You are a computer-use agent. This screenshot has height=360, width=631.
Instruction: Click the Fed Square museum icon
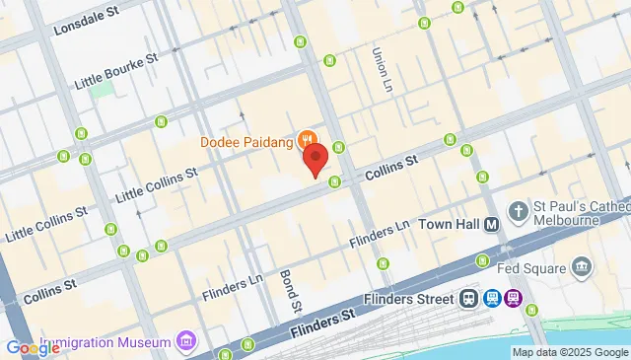[582, 267]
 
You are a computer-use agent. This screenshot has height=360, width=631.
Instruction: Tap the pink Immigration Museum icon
[184, 342]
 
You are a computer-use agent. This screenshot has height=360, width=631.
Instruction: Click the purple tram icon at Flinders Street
[514, 299]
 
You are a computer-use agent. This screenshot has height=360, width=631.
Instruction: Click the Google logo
[33, 347]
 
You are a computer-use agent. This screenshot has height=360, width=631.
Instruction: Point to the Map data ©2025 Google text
[569, 352]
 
